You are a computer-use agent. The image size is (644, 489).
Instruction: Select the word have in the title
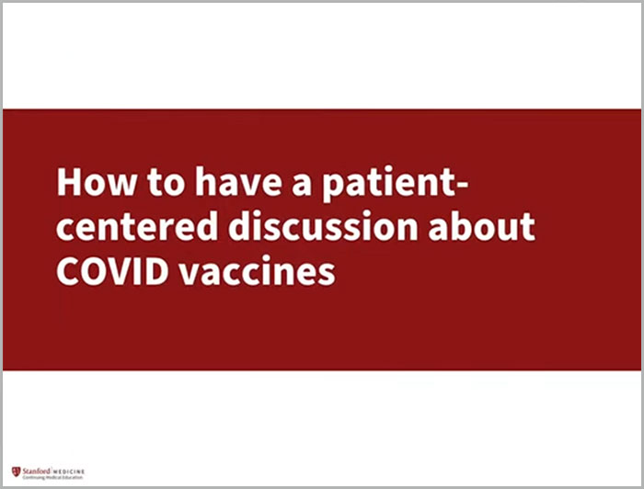221,183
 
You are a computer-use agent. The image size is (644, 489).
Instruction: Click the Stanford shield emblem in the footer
16,472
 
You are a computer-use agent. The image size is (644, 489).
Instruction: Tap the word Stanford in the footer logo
36,472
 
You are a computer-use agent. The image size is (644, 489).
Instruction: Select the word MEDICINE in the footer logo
70,472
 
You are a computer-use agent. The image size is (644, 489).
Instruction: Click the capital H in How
70,183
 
